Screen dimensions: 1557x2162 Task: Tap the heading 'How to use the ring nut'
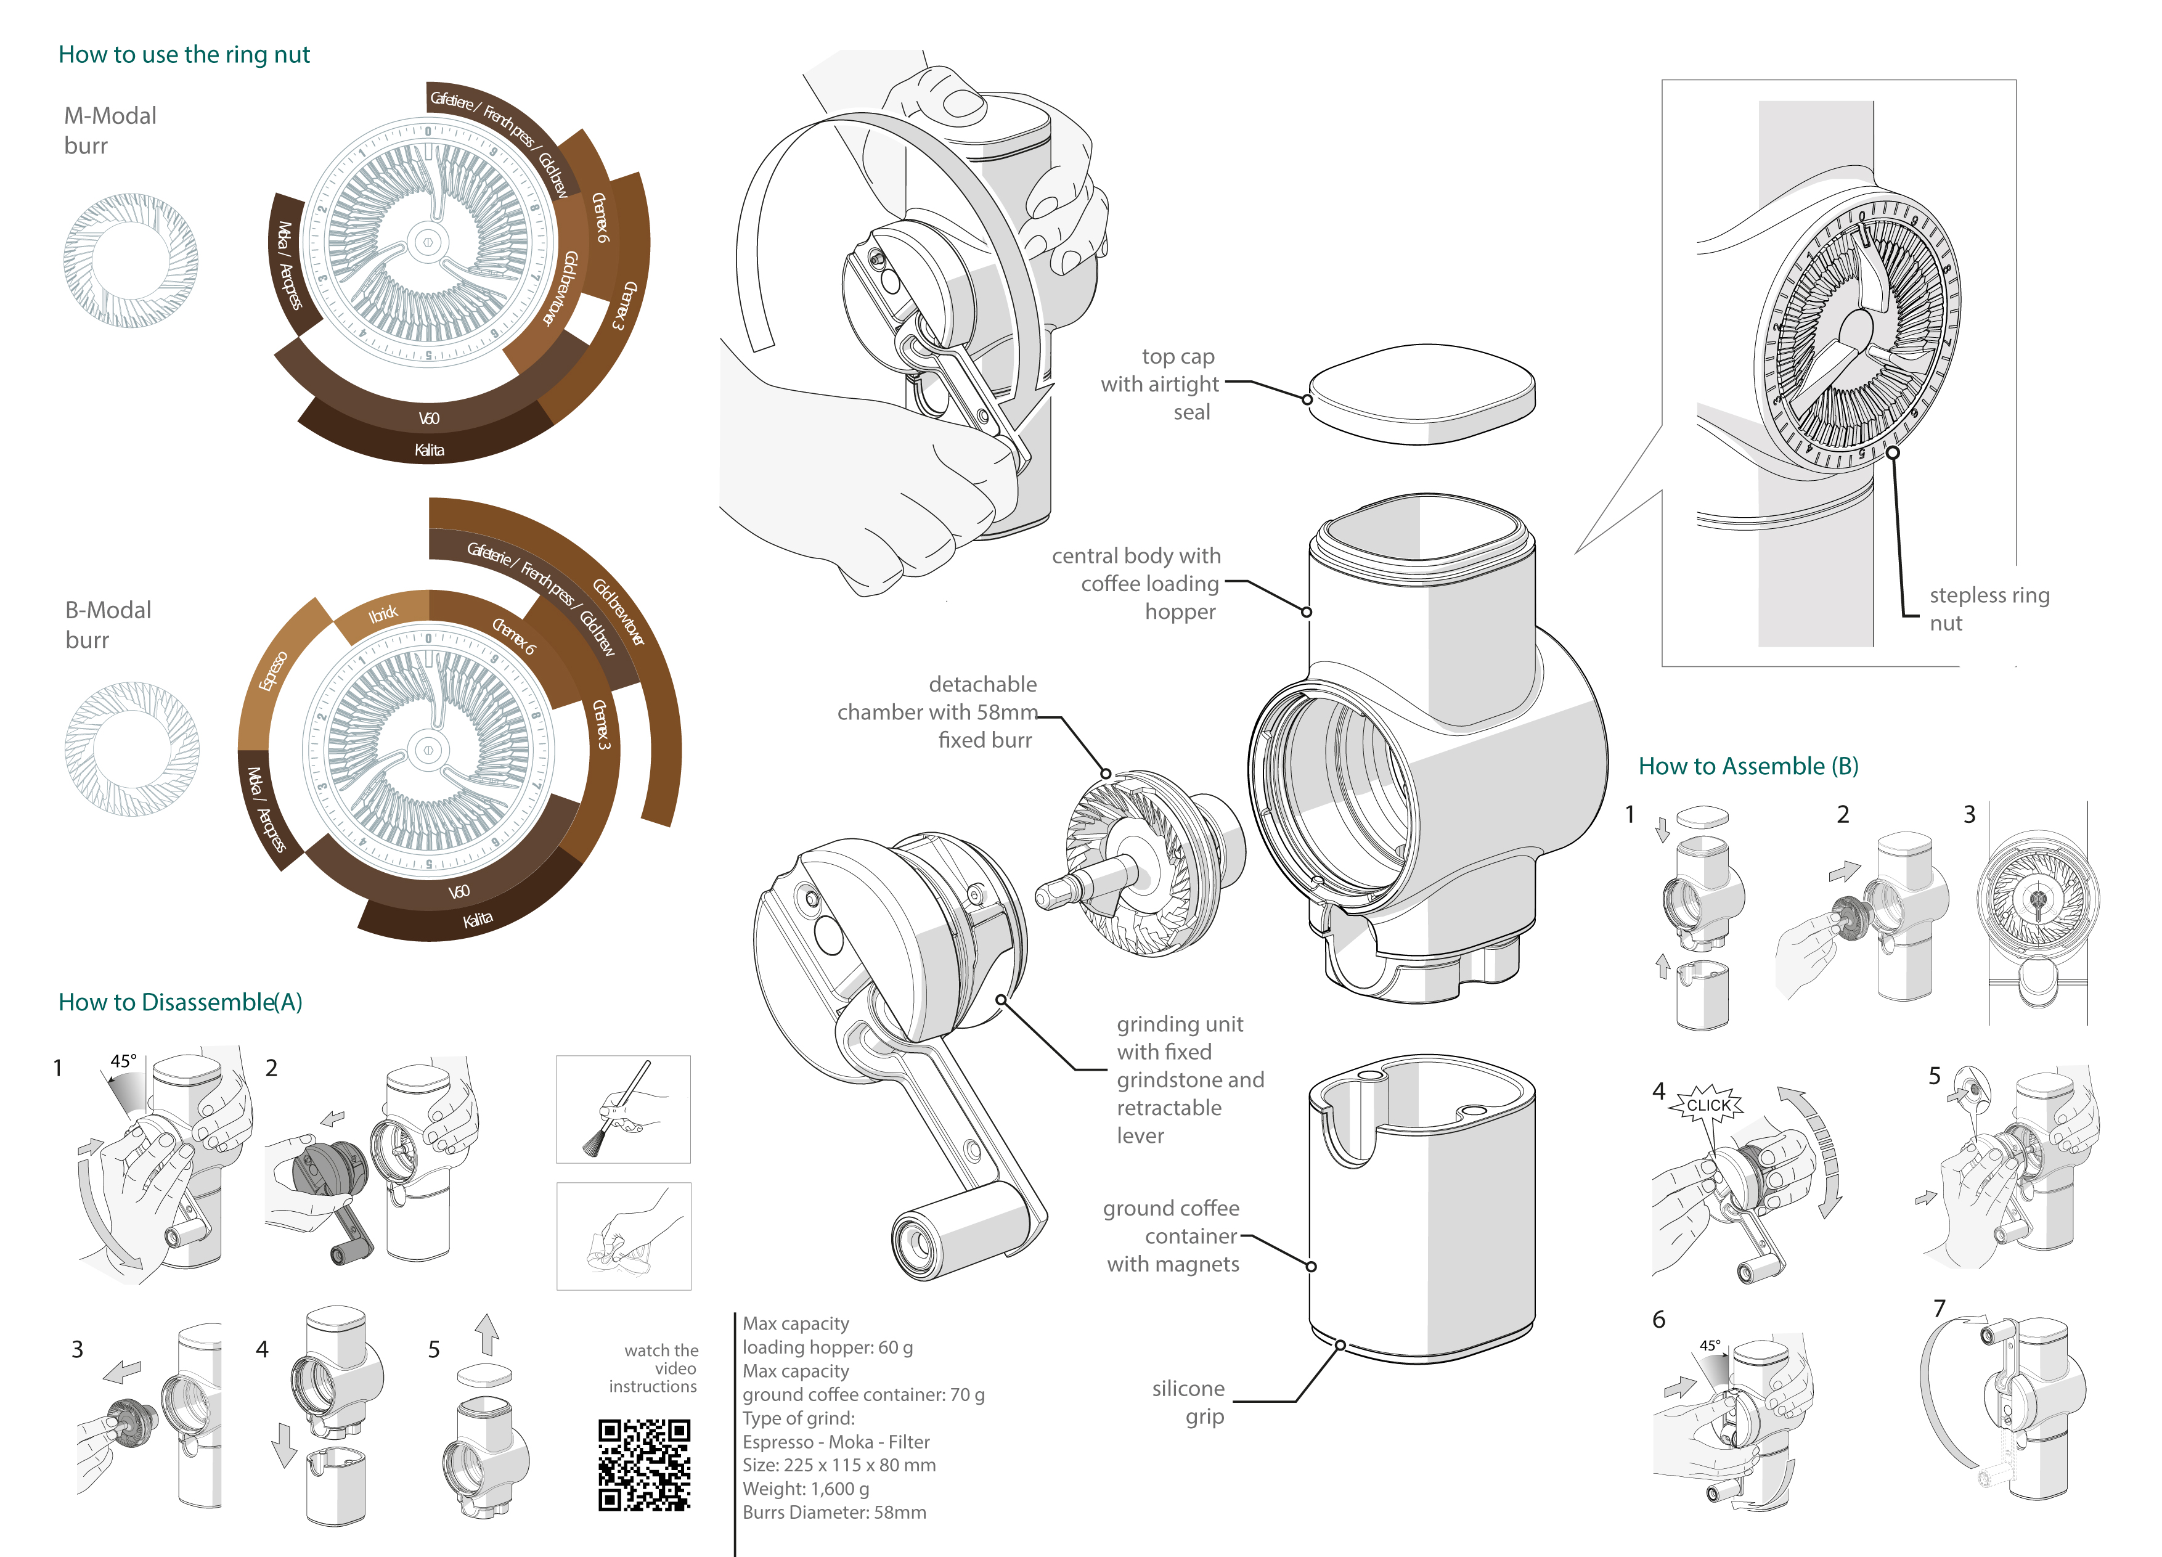click(184, 54)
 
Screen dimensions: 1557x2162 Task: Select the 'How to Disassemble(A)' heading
click(180, 1002)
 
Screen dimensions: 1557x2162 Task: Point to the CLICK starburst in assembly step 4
click(1708, 1105)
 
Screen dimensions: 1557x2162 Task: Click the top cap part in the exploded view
click(1421, 393)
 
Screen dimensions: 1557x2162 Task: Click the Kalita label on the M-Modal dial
click(429, 450)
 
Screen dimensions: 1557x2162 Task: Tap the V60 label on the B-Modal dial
click(459, 891)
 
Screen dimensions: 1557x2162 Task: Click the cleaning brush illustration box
click(624, 1109)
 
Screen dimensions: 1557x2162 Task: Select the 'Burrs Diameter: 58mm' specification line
click(834, 1512)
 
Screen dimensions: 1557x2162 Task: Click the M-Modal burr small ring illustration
click(131, 260)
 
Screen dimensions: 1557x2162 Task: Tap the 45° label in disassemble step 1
click(123, 1061)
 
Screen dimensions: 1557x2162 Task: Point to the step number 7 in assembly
click(1938, 1308)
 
